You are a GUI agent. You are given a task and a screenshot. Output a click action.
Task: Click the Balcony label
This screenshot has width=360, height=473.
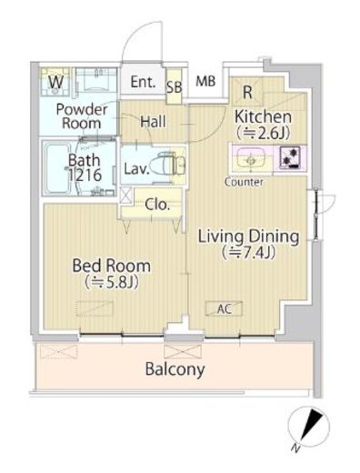[175, 369]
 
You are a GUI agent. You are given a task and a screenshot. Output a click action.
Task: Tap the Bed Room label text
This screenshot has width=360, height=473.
[111, 266]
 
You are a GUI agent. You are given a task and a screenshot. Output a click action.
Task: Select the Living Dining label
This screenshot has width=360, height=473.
[248, 236]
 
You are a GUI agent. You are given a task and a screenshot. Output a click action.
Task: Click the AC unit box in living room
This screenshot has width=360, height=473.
[224, 308]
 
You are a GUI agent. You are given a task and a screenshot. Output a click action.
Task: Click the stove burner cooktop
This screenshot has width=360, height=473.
[290, 157]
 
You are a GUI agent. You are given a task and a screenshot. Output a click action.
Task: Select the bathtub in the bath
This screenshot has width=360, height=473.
[56, 168]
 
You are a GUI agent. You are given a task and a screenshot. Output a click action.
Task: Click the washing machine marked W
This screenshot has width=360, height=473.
[55, 82]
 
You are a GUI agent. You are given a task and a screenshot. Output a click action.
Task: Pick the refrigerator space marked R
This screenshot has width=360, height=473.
[247, 92]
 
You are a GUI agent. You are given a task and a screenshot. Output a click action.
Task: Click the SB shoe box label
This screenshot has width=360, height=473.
[175, 87]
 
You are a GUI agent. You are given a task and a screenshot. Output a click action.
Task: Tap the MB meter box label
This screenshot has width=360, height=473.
[205, 81]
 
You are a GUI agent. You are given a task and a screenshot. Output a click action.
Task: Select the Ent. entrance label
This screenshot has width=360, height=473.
[143, 82]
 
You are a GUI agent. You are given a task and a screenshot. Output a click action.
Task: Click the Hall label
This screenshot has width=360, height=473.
[153, 122]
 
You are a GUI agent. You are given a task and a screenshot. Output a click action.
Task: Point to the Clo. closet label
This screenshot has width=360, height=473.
[156, 205]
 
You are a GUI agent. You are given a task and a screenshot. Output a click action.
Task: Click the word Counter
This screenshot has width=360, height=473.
[244, 182]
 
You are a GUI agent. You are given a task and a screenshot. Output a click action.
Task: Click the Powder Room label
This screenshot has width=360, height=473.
[81, 116]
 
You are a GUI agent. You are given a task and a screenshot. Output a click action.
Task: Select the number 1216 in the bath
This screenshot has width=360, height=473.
[85, 175]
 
